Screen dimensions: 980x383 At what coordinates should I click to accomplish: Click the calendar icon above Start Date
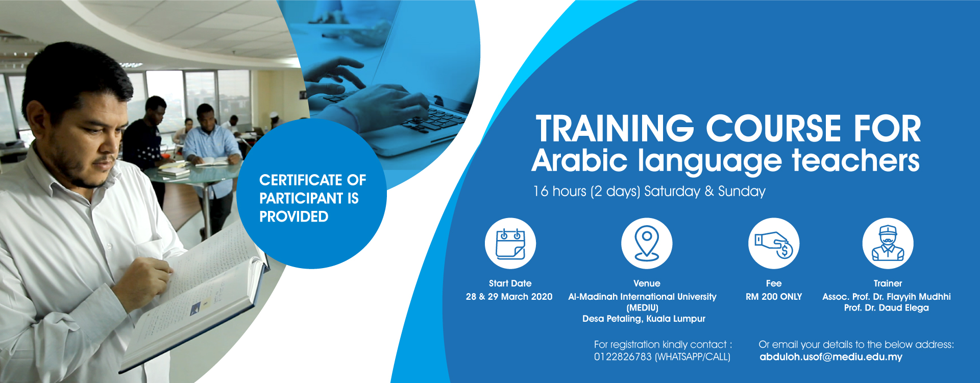coord(510,244)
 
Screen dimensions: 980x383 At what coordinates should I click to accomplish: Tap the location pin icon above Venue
coord(647,244)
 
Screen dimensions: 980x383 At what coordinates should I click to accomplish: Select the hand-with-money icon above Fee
coord(774,244)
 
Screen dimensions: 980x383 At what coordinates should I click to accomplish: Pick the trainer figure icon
coord(888,244)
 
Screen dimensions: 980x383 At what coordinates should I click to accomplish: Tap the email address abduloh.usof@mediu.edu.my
coord(831,357)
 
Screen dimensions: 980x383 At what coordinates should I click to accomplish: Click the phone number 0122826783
coord(623,357)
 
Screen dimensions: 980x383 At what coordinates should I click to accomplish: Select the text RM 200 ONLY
coord(774,297)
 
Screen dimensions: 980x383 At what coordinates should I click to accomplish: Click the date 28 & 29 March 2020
coord(509,297)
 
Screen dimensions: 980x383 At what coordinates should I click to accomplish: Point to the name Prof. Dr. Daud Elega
coord(887,308)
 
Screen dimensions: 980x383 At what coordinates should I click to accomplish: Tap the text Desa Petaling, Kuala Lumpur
coord(644,319)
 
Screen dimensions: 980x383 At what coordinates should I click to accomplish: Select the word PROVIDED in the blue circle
coord(293,217)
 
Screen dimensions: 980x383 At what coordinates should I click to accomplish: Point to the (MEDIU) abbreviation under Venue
coord(643,308)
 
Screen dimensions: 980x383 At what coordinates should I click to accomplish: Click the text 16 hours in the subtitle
coord(559,192)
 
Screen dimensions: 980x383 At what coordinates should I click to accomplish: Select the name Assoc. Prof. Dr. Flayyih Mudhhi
coord(887,297)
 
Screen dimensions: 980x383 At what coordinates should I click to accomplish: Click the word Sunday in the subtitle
coord(742,192)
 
